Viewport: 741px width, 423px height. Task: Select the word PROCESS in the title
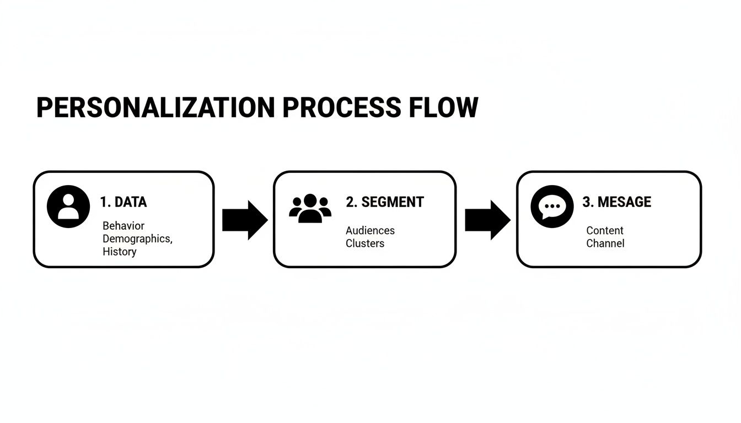pyautogui.click(x=341, y=107)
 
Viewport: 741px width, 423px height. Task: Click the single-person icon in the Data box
pyautogui.click(x=68, y=207)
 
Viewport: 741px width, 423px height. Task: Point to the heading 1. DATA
pyautogui.click(x=123, y=202)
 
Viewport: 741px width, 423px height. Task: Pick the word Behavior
pyautogui.click(x=123, y=226)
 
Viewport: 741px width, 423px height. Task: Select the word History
pyautogui.click(x=119, y=252)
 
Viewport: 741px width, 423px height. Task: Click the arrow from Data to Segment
pyautogui.click(x=244, y=220)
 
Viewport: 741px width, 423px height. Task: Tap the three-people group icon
pyautogui.click(x=310, y=208)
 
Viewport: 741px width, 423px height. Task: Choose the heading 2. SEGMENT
pyautogui.click(x=385, y=202)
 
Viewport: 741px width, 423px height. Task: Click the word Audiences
pyautogui.click(x=370, y=230)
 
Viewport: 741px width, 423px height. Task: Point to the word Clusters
pyautogui.click(x=365, y=243)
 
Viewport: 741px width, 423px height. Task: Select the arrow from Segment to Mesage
pyautogui.click(x=487, y=220)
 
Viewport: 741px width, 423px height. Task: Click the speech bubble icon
pyautogui.click(x=552, y=207)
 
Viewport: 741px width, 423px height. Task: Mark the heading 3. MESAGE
pyautogui.click(x=616, y=202)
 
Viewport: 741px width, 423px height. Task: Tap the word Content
pyautogui.click(x=605, y=230)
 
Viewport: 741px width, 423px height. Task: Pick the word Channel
pyautogui.click(x=605, y=243)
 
